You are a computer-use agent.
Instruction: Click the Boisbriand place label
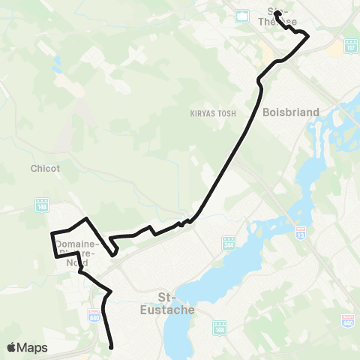click(291, 112)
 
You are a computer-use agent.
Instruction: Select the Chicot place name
click(45, 168)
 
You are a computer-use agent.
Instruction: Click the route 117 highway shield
click(351, 45)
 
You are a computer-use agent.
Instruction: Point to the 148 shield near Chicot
click(40, 204)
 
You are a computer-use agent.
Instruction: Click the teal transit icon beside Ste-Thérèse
click(242, 15)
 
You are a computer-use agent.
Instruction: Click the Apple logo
click(12, 347)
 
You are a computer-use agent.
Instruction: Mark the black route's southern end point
click(111, 347)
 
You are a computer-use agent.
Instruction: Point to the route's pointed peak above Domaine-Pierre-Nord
click(88, 218)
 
